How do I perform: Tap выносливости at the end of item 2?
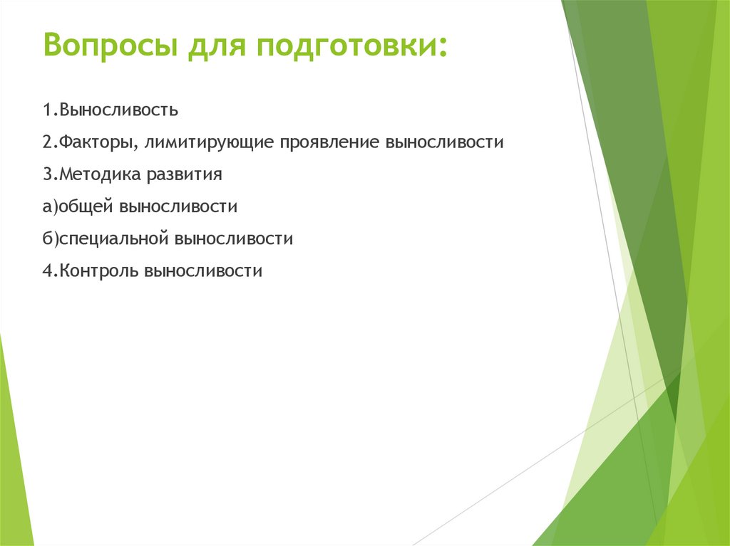(x=445, y=143)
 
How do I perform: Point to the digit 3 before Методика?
(x=46, y=175)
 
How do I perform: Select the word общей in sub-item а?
(x=86, y=207)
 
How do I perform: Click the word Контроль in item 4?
(x=98, y=271)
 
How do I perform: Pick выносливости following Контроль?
(x=204, y=271)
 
